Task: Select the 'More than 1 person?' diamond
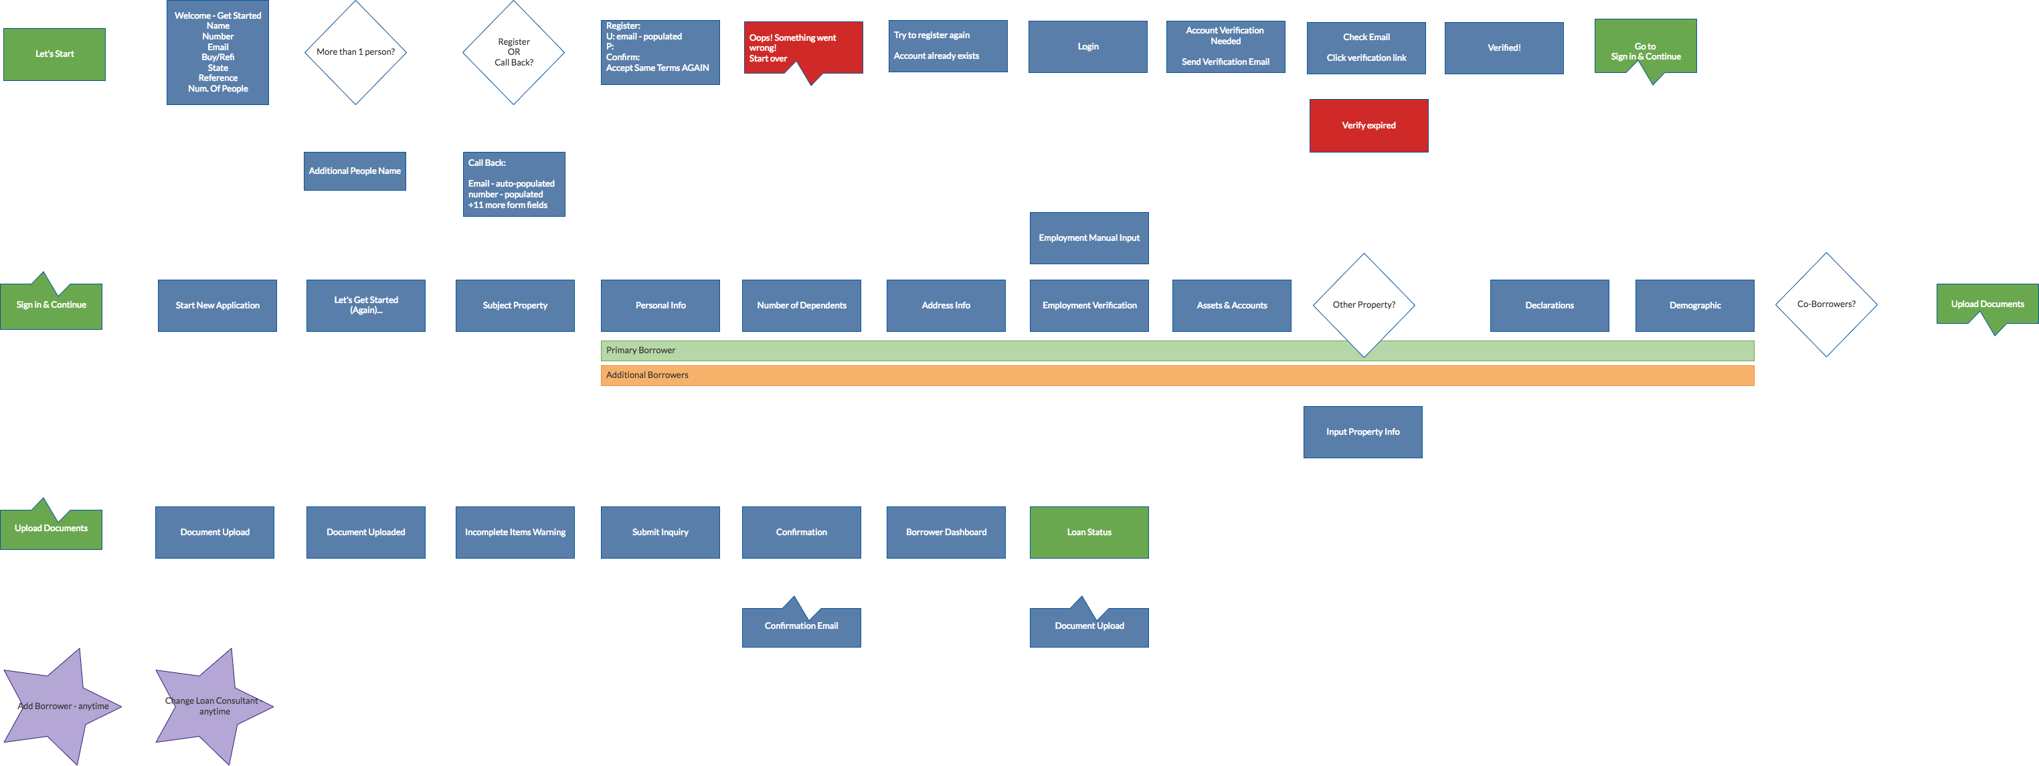(x=355, y=52)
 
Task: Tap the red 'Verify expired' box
(x=1368, y=125)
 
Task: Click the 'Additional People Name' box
(x=355, y=171)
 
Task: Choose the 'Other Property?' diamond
(x=1363, y=304)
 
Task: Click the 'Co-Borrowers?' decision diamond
(x=1826, y=304)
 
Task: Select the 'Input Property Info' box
(x=1362, y=432)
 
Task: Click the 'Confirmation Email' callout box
(x=801, y=626)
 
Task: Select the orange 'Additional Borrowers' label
(x=648, y=375)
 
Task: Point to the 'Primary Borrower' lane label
(x=641, y=350)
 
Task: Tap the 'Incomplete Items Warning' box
(x=515, y=532)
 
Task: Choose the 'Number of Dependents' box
(x=801, y=306)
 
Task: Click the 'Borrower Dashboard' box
(x=945, y=532)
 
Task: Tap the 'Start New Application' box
(x=217, y=306)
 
